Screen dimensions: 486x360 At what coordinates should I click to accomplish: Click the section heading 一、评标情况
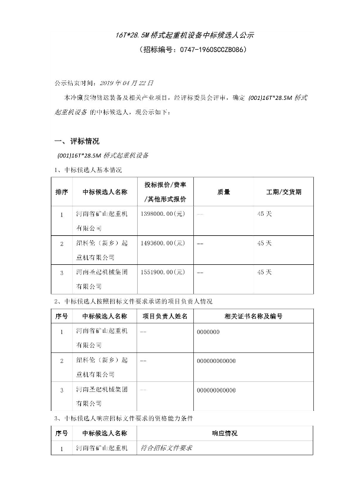tap(77, 142)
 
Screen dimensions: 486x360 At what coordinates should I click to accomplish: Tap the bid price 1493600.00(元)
tap(164, 243)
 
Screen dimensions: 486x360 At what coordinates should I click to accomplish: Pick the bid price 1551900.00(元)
tap(164, 272)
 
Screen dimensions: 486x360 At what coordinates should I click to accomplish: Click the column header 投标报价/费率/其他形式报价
tap(165, 192)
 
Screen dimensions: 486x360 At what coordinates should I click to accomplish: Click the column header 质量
tap(223, 192)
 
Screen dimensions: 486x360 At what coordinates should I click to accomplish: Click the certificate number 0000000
tap(208, 332)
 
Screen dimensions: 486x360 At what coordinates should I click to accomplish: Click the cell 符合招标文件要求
tap(167, 449)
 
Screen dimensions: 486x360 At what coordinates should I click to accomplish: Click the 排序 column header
tap(61, 192)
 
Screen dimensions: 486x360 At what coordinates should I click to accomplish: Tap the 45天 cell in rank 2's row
tap(265, 243)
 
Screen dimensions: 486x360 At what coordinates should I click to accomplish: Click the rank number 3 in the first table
tap(61, 273)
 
